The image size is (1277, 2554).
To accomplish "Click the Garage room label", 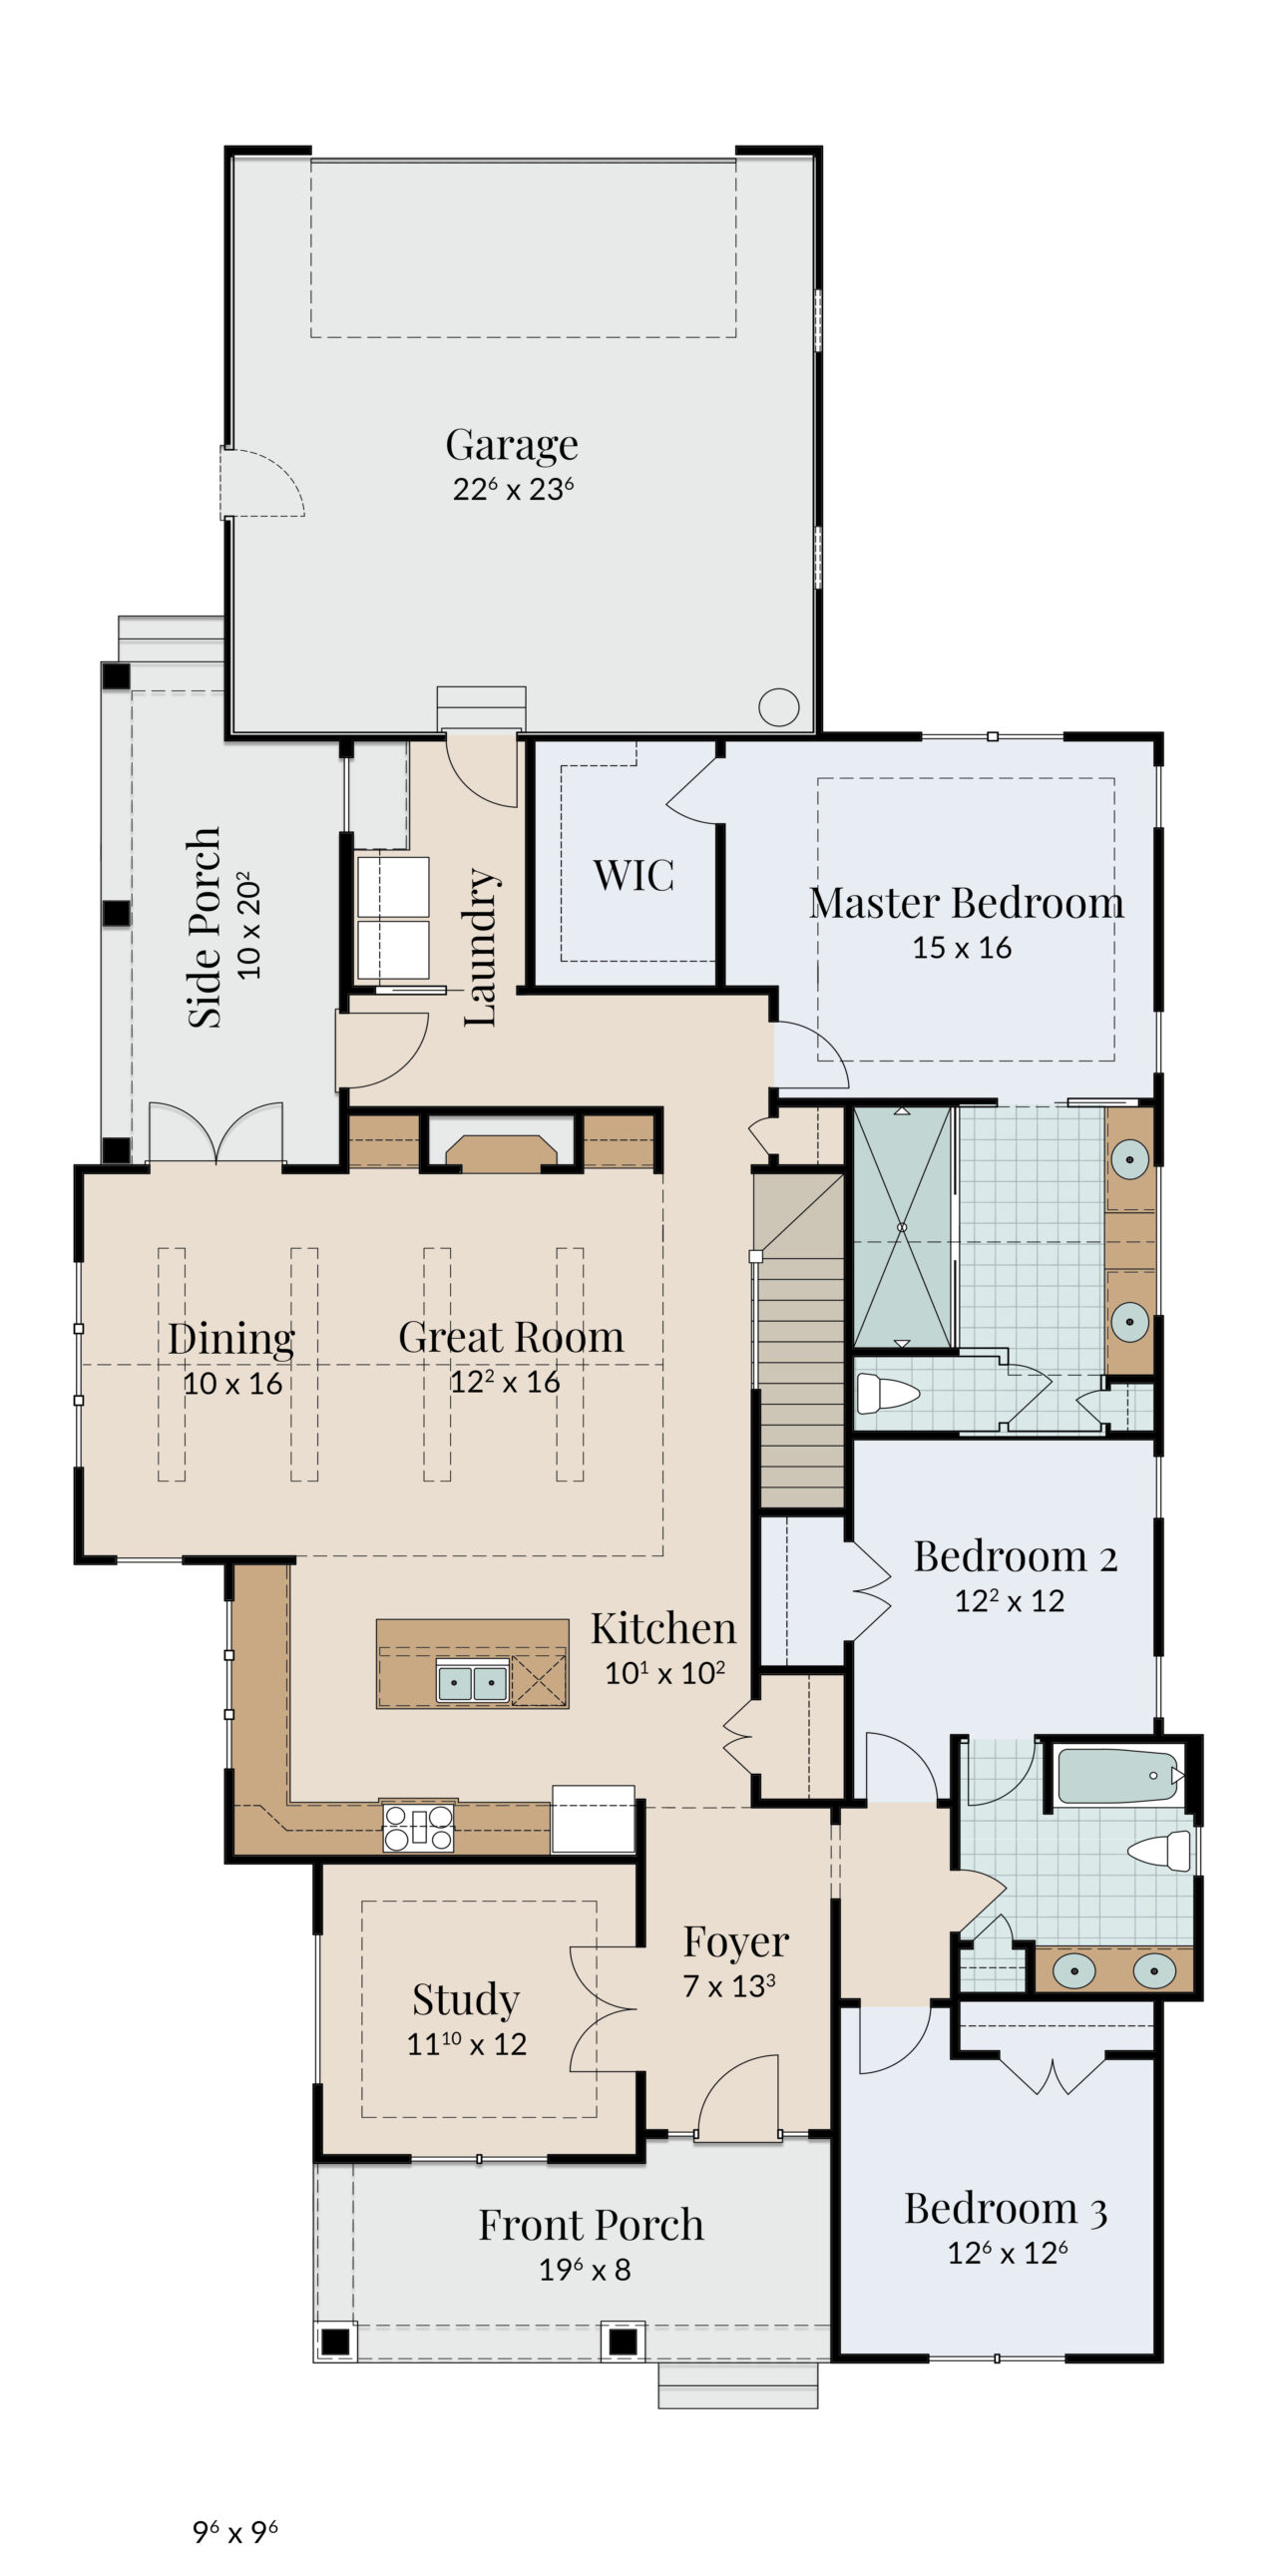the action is click(x=512, y=445).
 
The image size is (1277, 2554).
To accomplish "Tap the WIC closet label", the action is click(x=634, y=875).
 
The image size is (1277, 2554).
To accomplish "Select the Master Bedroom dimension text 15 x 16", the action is click(x=962, y=947).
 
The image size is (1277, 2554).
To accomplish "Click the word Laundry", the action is click(x=480, y=947).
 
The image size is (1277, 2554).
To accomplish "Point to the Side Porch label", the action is click(x=205, y=927).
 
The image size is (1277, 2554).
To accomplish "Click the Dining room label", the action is click(x=230, y=1339).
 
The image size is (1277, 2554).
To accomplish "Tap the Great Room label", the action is click(x=511, y=1337).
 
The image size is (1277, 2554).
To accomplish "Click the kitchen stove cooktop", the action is click(x=418, y=1827).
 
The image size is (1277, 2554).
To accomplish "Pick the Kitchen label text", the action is click(x=663, y=1628).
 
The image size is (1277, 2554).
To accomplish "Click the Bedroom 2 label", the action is click(x=1016, y=1556).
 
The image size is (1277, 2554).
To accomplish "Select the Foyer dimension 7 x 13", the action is click(x=728, y=1985).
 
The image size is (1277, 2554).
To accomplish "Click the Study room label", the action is click(x=466, y=1999).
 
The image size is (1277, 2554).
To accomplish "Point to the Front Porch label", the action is click(x=591, y=2225).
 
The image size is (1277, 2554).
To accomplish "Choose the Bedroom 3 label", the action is click(x=1006, y=2209).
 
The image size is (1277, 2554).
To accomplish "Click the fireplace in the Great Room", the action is click(x=501, y=1152).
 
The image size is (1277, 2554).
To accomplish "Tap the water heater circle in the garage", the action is click(x=778, y=707).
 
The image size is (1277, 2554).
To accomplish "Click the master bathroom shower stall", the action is click(x=902, y=1227).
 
